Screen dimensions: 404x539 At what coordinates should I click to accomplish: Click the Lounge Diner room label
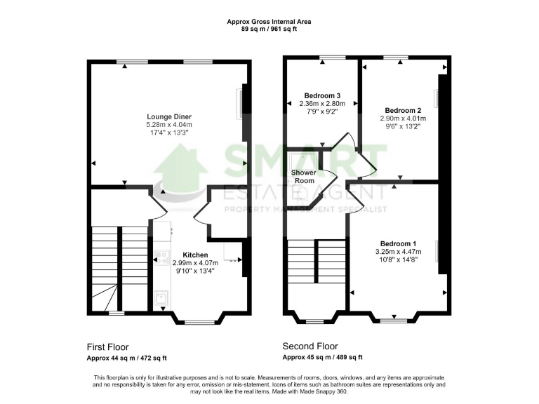[169, 116]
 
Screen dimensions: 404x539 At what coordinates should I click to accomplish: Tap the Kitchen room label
[195, 255]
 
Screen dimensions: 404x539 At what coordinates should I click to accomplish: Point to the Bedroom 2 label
[403, 110]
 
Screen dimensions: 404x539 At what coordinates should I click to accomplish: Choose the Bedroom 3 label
[322, 95]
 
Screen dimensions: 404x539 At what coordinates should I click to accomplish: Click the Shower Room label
[304, 176]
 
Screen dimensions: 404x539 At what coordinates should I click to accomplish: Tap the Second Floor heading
[310, 346]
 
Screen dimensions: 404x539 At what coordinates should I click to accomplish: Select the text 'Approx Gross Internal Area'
[269, 22]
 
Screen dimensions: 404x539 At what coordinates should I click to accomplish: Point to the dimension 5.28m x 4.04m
[169, 125]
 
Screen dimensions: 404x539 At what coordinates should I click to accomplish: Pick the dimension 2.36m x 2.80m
[322, 103]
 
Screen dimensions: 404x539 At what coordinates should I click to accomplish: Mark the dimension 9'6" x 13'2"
[403, 126]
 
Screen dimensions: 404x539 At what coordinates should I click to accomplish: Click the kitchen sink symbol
[161, 298]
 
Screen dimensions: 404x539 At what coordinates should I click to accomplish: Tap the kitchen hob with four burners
[161, 257]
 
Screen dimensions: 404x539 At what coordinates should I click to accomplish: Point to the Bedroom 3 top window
[334, 58]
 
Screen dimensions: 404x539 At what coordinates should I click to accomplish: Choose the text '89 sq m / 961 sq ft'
[269, 29]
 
